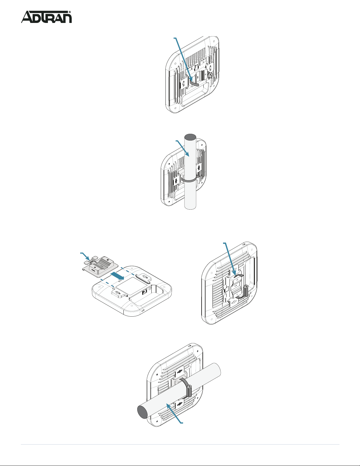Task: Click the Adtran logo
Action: click(46, 17)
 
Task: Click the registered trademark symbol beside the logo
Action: click(70, 12)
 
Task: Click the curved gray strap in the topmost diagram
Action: click(194, 83)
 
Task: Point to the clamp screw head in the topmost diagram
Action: click(210, 75)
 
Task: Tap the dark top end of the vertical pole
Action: click(190, 137)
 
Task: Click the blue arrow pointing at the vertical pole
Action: click(182, 148)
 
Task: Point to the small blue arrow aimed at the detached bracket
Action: click(85, 256)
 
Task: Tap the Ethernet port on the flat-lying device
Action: click(144, 292)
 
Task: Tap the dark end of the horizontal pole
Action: click(142, 412)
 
